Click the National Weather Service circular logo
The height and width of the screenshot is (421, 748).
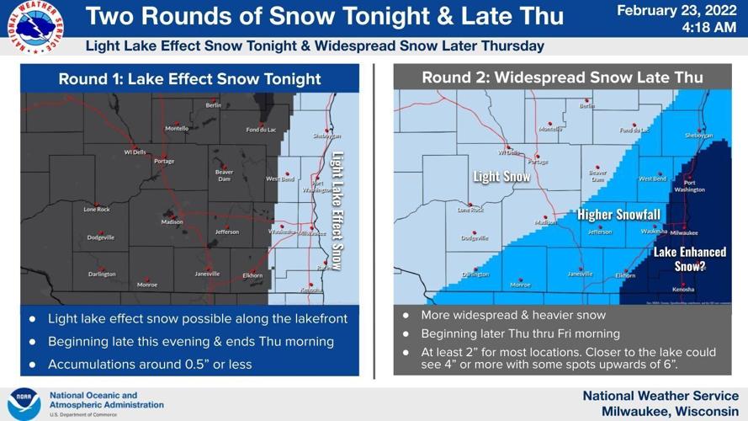click(33, 28)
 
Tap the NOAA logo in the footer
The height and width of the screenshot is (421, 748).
click(24, 403)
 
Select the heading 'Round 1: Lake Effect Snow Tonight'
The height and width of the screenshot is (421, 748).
click(189, 79)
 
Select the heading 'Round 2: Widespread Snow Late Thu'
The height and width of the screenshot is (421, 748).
click(562, 77)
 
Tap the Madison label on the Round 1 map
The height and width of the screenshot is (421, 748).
click(172, 221)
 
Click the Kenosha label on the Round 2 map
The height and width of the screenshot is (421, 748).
click(683, 289)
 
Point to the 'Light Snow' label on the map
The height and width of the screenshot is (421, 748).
click(501, 177)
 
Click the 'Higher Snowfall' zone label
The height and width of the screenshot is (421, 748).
click(618, 215)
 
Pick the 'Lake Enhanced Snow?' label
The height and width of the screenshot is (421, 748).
click(682, 258)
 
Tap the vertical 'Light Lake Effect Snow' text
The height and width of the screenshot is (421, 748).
click(337, 210)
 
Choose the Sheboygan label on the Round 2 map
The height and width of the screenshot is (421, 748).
click(698, 135)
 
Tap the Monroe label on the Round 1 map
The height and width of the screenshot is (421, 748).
click(147, 285)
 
